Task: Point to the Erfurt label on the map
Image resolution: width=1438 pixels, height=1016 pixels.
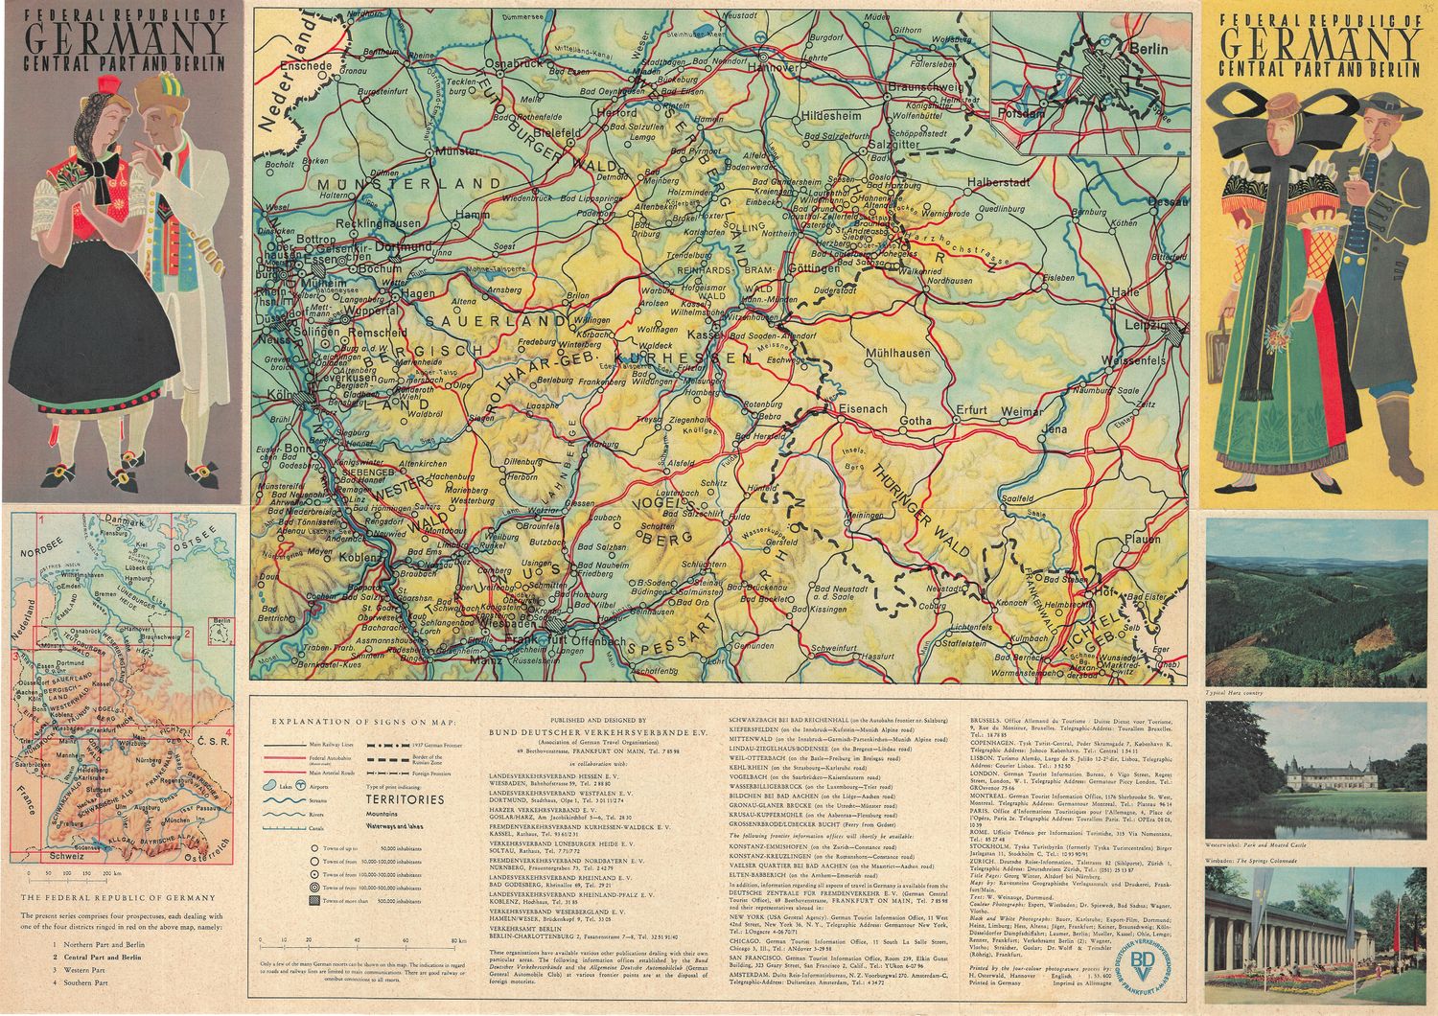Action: coord(972,411)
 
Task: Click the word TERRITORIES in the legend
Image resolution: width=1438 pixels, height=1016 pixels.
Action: coord(405,798)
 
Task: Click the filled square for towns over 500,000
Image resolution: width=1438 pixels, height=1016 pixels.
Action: coord(314,901)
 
